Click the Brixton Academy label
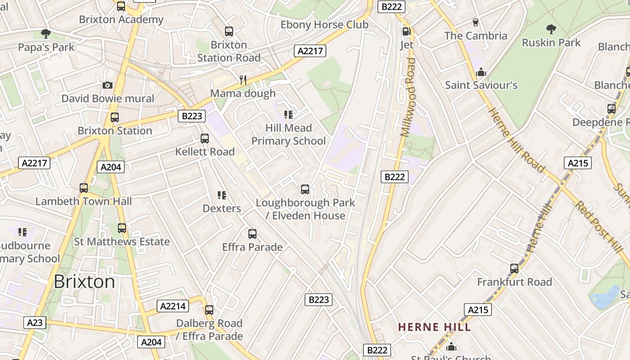pos(121,19)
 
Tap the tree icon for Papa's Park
pos(45,33)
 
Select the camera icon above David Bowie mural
pos(108,85)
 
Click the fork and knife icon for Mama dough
pos(243,80)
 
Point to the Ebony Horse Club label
pos(324,25)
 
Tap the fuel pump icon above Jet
pos(406,31)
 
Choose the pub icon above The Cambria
pos(476,22)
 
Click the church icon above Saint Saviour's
pos(481,72)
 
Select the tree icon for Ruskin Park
pos(551,30)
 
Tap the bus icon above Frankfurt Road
pos(514,269)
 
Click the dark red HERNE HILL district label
pos(434,327)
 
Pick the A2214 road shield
pos(173,306)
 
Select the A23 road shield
pos(35,322)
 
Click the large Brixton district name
pos(84,282)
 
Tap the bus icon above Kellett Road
pos(205,139)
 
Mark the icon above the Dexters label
pos(222,195)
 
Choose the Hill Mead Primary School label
pos(288,135)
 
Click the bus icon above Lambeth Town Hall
pos(84,188)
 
